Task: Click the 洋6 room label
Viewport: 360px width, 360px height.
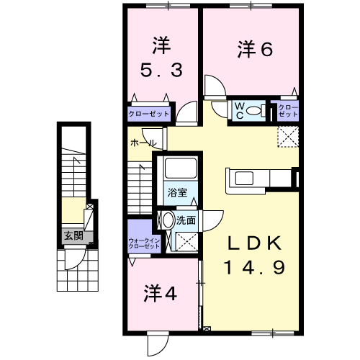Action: (x=256, y=50)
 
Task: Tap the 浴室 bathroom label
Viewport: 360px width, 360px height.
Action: (x=177, y=192)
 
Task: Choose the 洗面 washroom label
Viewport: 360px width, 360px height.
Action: (x=186, y=220)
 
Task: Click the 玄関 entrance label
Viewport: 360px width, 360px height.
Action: (x=73, y=235)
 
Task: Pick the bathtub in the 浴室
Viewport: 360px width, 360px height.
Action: (x=177, y=170)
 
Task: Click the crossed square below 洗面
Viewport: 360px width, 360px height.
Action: (x=188, y=241)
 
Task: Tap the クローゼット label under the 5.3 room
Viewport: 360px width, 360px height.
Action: (x=149, y=114)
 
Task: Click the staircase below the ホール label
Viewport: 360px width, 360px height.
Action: (x=141, y=187)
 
